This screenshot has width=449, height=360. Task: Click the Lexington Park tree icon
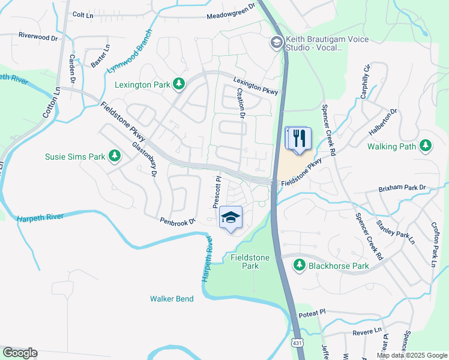[178, 84]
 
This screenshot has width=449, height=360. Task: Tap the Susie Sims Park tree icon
[114, 157]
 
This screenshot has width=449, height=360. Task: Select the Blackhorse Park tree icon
[299, 265]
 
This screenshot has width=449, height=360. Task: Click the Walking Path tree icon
[426, 146]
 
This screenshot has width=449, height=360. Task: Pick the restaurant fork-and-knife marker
[298, 139]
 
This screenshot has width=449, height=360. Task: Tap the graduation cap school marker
[231, 218]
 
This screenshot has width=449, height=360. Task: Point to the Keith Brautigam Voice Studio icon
[276, 41]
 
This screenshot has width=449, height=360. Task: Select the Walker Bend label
[172, 298]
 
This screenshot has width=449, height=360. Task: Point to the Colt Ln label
[83, 13]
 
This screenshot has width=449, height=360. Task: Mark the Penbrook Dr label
[178, 221]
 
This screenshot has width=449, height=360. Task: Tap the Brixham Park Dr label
[402, 188]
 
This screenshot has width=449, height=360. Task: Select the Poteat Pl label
[312, 312]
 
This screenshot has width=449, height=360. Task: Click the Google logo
[20, 353]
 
